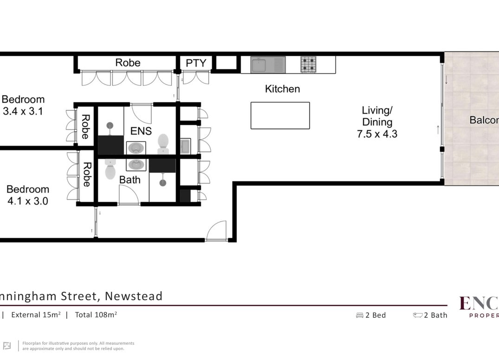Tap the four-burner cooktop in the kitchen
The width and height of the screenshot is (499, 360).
click(x=309, y=64)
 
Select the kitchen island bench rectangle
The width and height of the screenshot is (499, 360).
click(x=280, y=116)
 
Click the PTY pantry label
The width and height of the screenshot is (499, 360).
click(x=195, y=63)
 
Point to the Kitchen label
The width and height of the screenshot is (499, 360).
click(x=282, y=89)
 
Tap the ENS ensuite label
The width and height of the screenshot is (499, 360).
click(x=141, y=131)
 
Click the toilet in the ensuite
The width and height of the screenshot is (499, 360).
click(x=163, y=144)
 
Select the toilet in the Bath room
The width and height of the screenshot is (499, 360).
click(x=110, y=170)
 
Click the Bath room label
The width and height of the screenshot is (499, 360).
click(x=130, y=180)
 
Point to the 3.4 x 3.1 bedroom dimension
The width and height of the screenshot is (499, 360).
click(x=23, y=111)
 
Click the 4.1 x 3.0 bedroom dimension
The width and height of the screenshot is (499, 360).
click(x=27, y=201)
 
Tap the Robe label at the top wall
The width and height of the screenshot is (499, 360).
click(x=128, y=63)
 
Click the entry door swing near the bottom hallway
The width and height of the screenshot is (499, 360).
click(x=216, y=231)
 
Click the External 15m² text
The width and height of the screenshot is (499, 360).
click(x=36, y=315)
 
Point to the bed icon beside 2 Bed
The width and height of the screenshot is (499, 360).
click(x=359, y=315)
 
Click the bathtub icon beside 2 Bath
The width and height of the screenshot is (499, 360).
click(x=417, y=315)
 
